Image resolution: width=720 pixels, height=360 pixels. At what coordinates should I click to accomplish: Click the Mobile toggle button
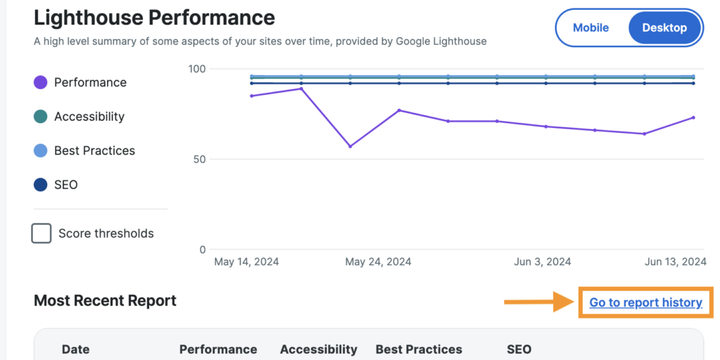[x=591, y=28]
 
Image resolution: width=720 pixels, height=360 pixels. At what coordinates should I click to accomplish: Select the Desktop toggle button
[x=664, y=28]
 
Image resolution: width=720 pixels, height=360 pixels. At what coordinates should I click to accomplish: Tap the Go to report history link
[x=645, y=303]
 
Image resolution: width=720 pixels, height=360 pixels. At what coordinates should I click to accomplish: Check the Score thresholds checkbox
[x=41, y=233]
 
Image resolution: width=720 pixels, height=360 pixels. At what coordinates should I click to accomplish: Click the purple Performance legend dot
[x=41, y=82]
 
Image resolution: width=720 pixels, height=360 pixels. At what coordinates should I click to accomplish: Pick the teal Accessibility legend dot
[x=41, y=117]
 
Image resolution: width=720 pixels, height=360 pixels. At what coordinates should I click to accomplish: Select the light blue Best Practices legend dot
[x=41, y=150]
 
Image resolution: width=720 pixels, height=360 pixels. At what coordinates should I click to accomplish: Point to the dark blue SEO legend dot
[x=41, y=185]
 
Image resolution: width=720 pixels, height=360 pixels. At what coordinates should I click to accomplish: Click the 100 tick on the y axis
[x=197, y=69]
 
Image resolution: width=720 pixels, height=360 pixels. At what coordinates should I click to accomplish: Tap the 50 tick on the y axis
[x=200, y=160]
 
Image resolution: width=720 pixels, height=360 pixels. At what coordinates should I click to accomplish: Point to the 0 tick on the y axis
[x=202, y=250]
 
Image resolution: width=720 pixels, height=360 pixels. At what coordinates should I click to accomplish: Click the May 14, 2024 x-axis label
[x=246, y=262]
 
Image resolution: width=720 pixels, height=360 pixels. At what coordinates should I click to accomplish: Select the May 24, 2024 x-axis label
[x=378, y=262]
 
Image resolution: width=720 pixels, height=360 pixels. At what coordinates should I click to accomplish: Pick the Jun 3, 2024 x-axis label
[x=542, y=262]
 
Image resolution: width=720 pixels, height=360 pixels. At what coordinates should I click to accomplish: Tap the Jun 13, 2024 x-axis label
[x=675, y=262]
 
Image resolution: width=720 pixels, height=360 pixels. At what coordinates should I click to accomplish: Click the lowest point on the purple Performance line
[x=350, y=146]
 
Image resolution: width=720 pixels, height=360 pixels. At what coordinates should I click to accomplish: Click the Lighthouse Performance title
[x=154, y=17]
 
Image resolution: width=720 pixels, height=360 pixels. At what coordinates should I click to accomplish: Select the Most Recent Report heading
[x=105, y=301]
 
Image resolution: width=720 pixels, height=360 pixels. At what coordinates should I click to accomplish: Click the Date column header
[x=76, y=349]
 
